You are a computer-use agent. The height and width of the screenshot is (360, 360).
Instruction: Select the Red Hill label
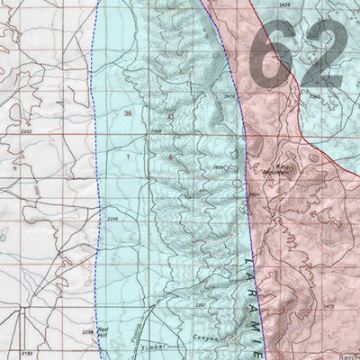pos(103,334)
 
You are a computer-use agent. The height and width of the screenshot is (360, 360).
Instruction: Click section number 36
pos(128,113)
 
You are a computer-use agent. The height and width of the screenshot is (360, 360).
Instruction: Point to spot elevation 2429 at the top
pos(285,5)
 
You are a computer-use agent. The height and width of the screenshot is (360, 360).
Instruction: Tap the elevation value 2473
pos(328,307)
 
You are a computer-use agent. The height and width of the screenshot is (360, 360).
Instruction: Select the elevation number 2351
pos(200,305)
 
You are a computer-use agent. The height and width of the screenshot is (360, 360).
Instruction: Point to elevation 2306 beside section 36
pos(155,132)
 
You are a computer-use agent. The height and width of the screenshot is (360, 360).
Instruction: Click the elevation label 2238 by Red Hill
pos(86,332)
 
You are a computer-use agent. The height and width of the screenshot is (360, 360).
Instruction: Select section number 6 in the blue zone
pos(169,157)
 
